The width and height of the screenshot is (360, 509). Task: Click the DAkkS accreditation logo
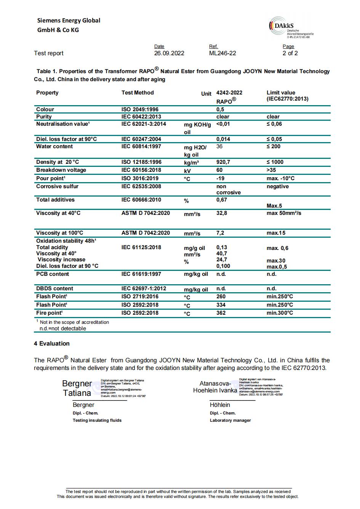pyautogui.click(x=290, y=27)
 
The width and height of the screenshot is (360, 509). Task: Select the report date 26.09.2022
pyautogui.click(x=169, y=53)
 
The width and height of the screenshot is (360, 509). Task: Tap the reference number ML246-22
pyautogui.click(x=222, y=53)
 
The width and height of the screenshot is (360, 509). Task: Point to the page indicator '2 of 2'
pyautogui.click(x=290, y=53)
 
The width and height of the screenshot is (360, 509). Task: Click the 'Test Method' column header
pyautogui.click(x=138, y=93)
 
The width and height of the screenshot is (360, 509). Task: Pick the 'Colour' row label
pyautogui.click(x=45, y=109)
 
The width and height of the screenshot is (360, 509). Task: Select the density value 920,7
pyautogui.click(x=223, y=162)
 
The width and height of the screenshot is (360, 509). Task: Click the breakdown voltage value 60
pyautogui.click(x=219, y=170)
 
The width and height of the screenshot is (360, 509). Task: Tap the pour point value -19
pyautogui.click(x=220, y=178)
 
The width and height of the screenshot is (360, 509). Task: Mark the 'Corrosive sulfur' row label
pyautogui.click(x=57, y=186)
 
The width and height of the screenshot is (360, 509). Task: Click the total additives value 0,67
pyautogui.click(x=221, y=200)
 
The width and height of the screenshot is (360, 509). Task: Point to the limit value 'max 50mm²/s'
pyautogui.click(x=284, y=213)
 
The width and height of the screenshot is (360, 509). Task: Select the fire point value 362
pyautogui.click(x=221, y=313)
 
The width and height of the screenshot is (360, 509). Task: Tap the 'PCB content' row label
pyautogui.click(x=53, y=274)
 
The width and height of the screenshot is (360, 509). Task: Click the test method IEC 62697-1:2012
pyautogui.click(x=144, y=288)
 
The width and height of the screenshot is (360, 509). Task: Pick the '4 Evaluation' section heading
pyautogui.click(x=52, y=343)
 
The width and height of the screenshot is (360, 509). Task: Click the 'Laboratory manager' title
pyautogui.click(x=230, y=420)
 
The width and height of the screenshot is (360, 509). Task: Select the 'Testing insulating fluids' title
pyautogui.click(x=97, y=420)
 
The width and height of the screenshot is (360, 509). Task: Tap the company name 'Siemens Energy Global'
pyautogui.click(x=69, y=21)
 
